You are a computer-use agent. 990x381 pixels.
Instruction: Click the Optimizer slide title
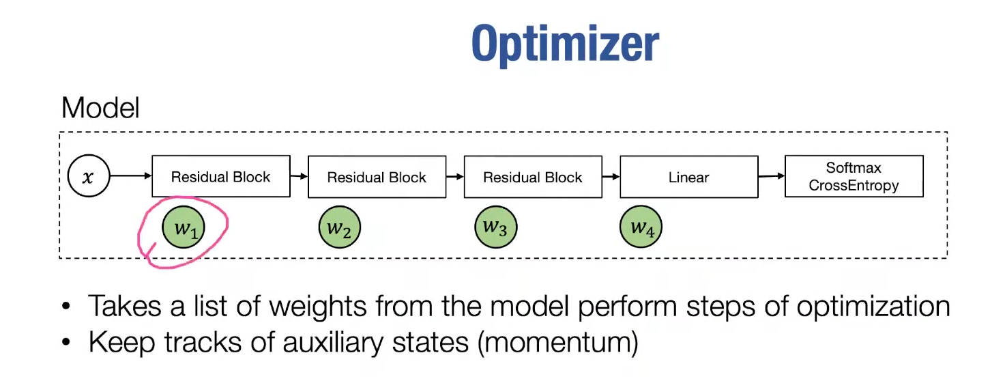click(565, 44)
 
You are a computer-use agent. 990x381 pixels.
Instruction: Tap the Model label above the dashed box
click(100, 108)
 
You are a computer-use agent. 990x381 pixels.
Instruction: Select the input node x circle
click(88, 177)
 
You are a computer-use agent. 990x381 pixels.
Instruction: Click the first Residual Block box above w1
click(220, 177)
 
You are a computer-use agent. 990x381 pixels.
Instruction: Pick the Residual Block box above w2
click(377, 178)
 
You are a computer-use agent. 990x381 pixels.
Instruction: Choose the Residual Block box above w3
click(532, 178)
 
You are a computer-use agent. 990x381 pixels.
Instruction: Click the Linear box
click(688, 178)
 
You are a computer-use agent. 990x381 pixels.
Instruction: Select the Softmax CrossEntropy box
click(854, 177)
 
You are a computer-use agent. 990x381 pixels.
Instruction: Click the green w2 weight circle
click(339, 229)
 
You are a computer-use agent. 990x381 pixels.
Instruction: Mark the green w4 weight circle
click(641, 227)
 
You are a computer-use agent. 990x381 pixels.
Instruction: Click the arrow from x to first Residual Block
click(130, 177)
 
